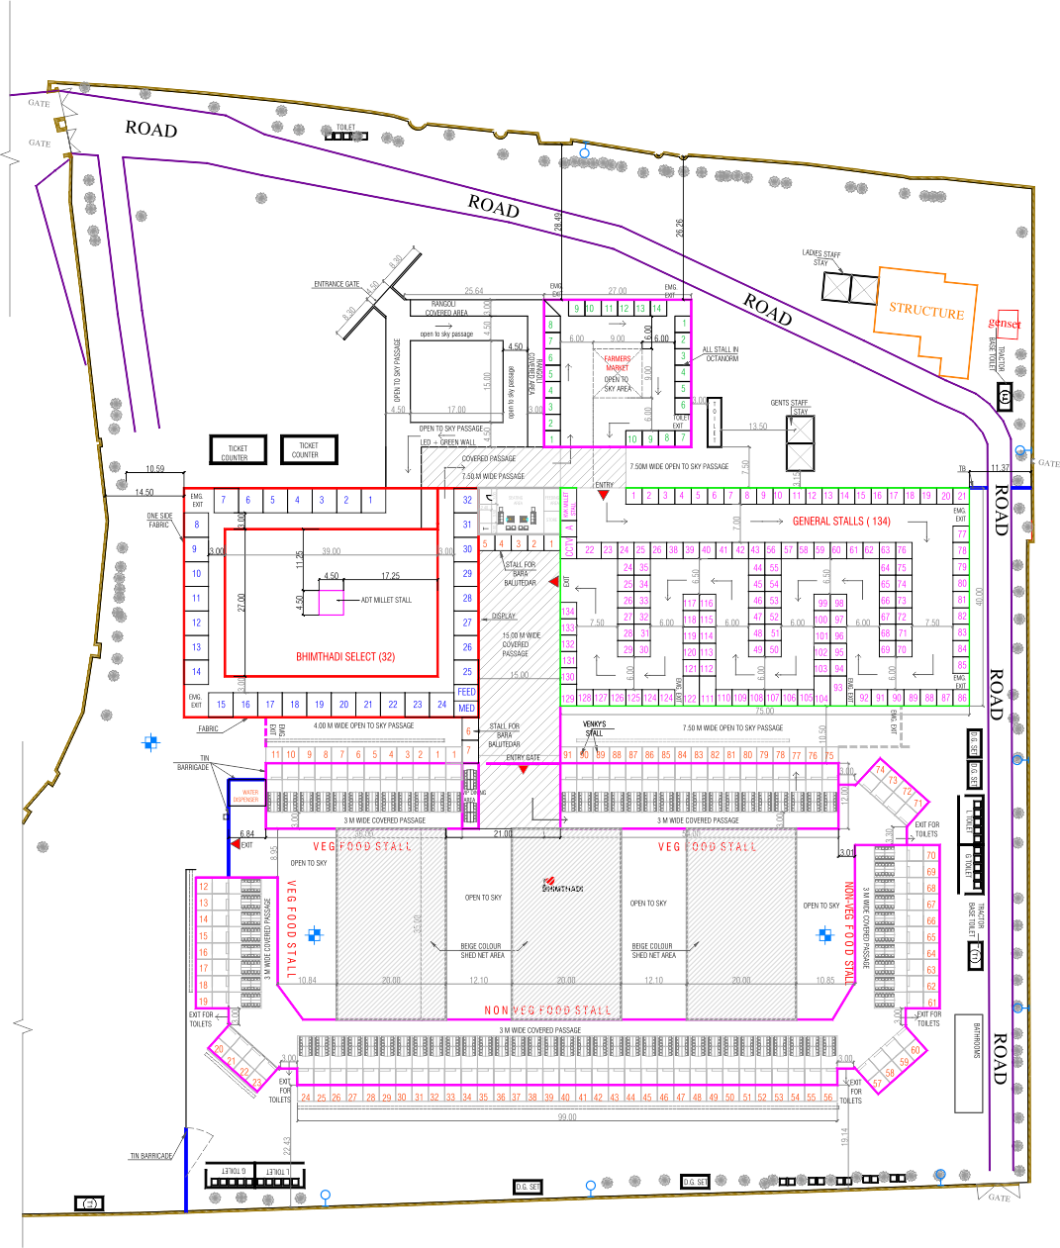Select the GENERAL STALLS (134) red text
coord(841,521)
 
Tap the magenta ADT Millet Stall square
coord(331,602)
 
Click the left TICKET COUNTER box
coord(235,451)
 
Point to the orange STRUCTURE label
coord(925,311)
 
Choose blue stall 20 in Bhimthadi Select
coord(343,705)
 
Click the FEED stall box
coord(467,692)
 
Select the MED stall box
coord(467,708)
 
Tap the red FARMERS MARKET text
coord(617,363)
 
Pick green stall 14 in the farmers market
coord(656,309)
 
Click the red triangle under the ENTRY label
coord(604,496)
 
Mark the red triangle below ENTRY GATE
coord(523,769)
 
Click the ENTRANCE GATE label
coord(337,284)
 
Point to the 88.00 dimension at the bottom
coord(567,1116)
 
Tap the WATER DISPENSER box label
coord(245,796)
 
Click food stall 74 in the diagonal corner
coord(880,770)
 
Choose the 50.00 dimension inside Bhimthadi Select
coord(331,550)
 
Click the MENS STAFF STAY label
coord(790,407)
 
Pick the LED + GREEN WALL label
coord(447,441)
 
